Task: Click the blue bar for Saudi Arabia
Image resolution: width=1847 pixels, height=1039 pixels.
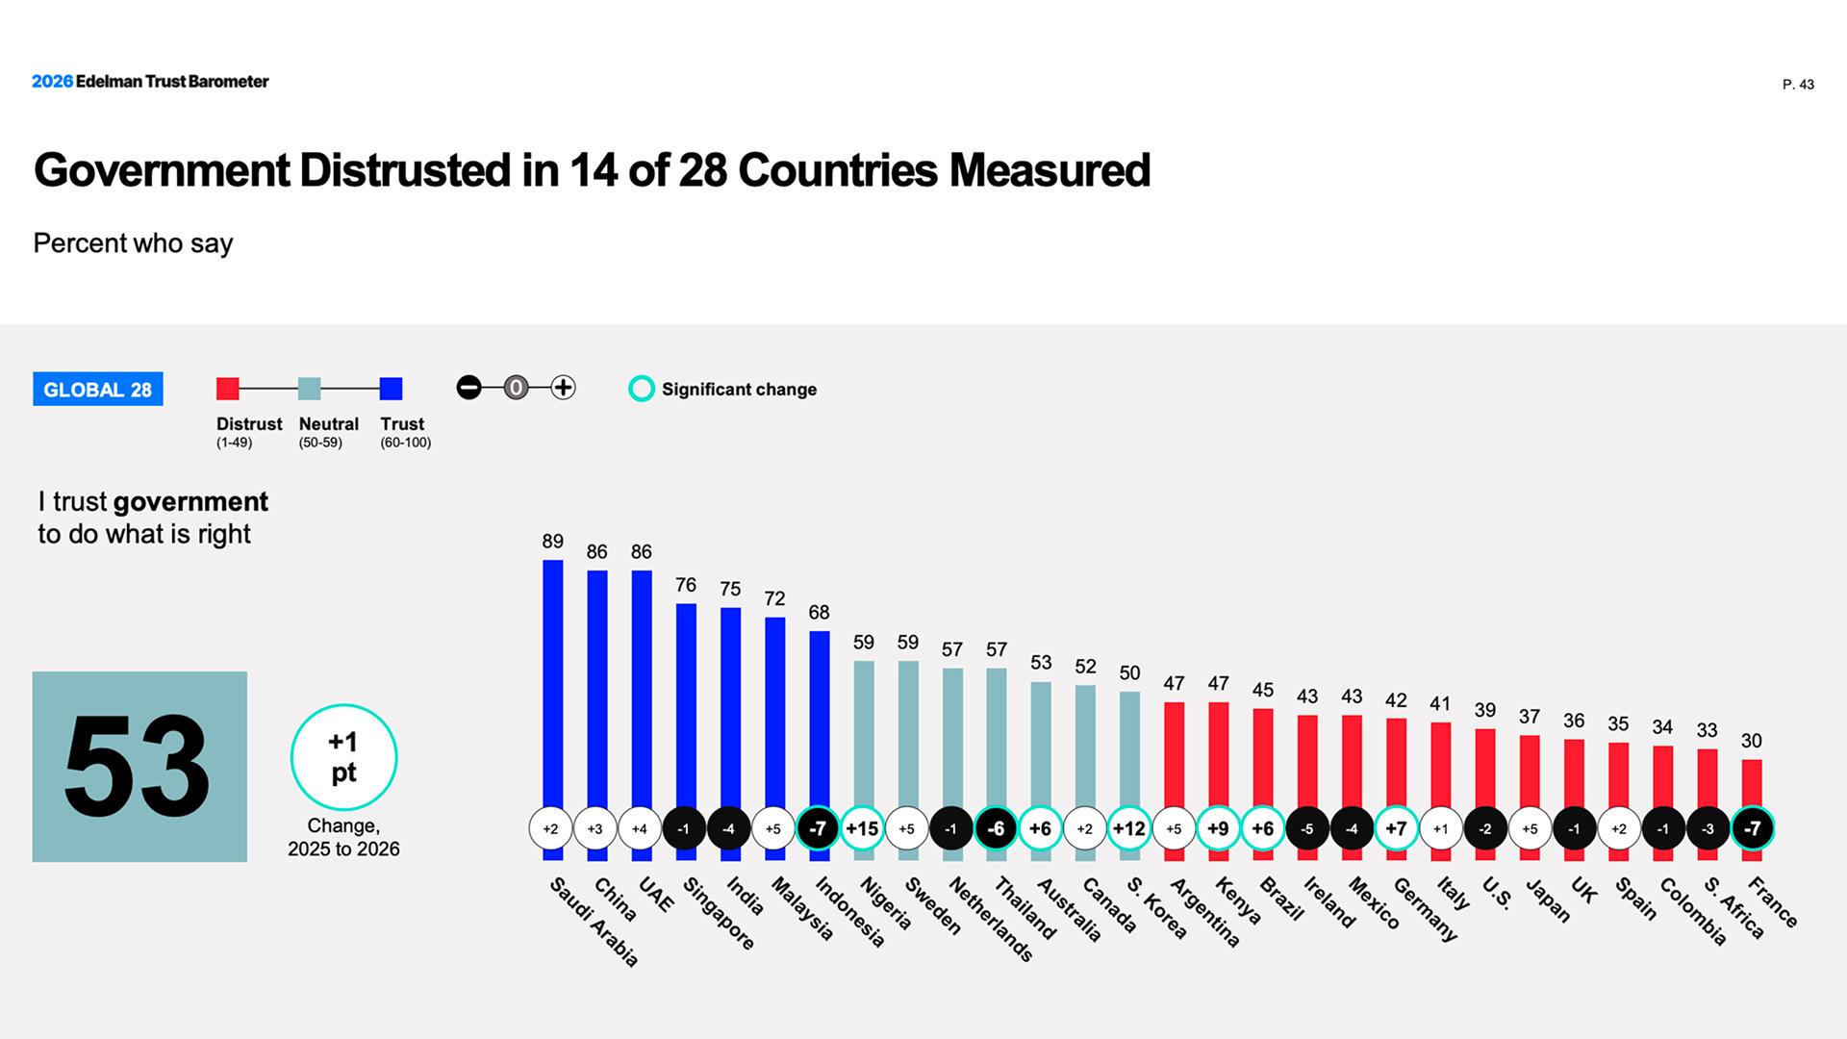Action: pyautogui.click(x=553, y=683)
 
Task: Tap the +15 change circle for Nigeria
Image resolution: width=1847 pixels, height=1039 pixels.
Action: pyautogui.click(x=862, y=828)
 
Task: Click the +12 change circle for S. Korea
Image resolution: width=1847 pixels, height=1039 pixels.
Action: pyautogui.click(x=1128, y=828)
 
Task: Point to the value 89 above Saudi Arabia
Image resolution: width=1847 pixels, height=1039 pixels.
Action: pyautogui.click(x=553, y=542)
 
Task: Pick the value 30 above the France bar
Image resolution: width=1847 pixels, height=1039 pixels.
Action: pyautogui.click(x=1752, y=741)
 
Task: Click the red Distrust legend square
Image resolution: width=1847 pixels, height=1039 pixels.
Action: pyautogui.click(x=228, y=389)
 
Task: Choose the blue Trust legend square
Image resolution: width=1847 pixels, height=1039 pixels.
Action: pyautogui.click(x=391, y=389)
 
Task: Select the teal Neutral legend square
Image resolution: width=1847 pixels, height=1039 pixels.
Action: pyautogui.click(x=309, y=389)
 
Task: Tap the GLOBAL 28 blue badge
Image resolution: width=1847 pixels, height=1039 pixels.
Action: pyautogui.click(x=98, y=390)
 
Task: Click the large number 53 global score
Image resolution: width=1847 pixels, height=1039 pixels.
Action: pyautogui.click(x=138, y=767)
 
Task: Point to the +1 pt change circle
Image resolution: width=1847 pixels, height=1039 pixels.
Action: pyautogui.click(x=343, y=757)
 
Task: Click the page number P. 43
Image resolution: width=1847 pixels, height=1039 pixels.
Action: pyautogui.click(x=1798, y=85)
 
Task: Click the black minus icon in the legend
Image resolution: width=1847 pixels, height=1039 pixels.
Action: pyautogui.click(x=468, y=388)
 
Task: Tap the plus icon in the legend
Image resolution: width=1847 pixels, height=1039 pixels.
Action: pyautogui.click(x=563, y=388)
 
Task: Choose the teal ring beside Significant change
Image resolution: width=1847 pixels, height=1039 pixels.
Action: pyautogui.click(x=642, y=389)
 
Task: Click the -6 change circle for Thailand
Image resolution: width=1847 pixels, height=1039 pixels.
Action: pyautogui.click(x=996, y=828)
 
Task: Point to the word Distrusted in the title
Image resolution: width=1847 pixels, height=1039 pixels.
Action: pyautogui.click(x=405, y=170)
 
